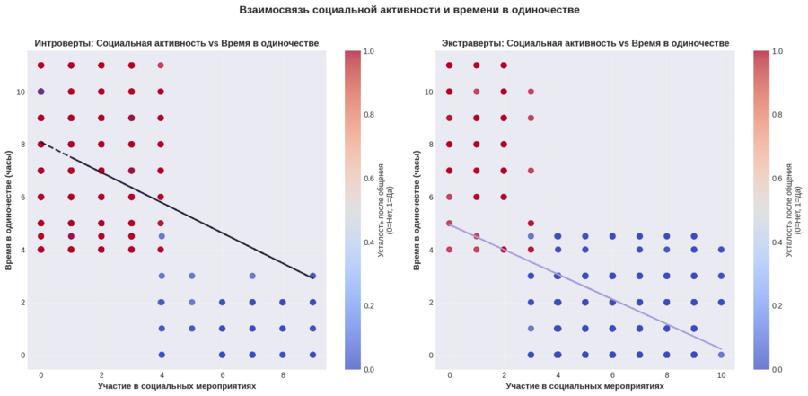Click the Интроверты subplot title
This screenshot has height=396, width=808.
177,43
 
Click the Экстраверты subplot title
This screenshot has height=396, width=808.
585,43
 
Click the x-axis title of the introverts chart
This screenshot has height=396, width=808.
177,386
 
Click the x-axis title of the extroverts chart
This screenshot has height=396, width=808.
585,386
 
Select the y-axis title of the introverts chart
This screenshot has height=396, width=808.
8,209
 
